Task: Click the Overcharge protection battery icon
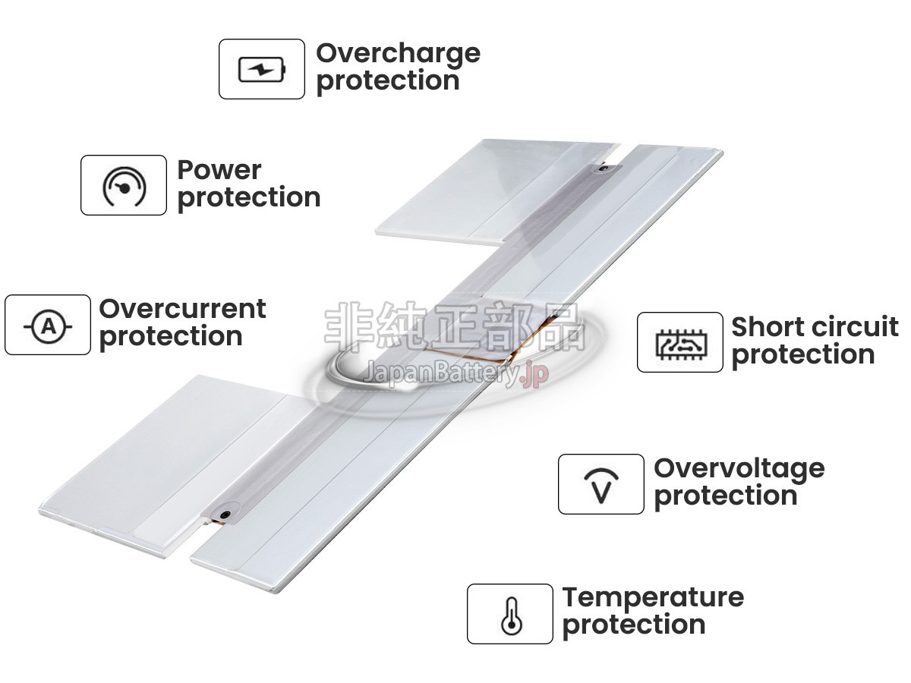(262, 70)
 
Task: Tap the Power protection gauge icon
(124, 186)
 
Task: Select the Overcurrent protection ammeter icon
(48, 326)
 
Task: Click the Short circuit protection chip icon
(680, 343)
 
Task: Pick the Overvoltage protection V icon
(601, 485)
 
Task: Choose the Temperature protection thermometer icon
(510, 614)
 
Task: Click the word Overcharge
(398, 53)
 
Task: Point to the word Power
(219, 170)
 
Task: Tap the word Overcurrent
(182, 309)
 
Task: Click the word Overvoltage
(739, 468)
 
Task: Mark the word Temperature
(653, 597)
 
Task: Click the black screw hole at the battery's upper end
(604, 168)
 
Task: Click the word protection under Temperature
(634, 625)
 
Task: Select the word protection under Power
(249, 197)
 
